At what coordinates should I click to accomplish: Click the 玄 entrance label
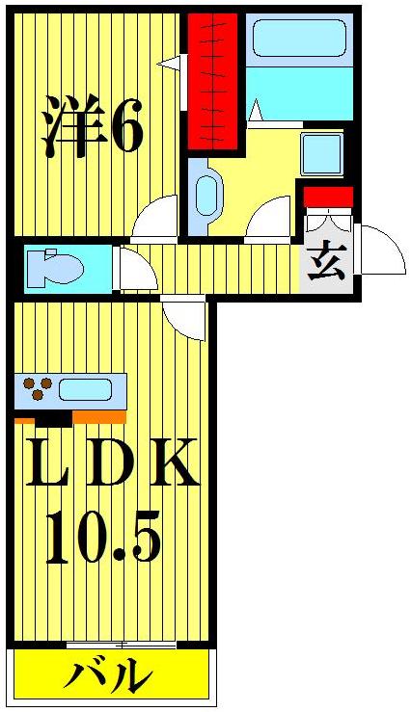tap(326, 263)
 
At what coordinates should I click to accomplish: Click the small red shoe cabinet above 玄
tap(328, 196)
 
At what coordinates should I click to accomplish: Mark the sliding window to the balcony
tap(122, 644)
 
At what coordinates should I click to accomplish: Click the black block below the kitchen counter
tap(54, 418)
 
